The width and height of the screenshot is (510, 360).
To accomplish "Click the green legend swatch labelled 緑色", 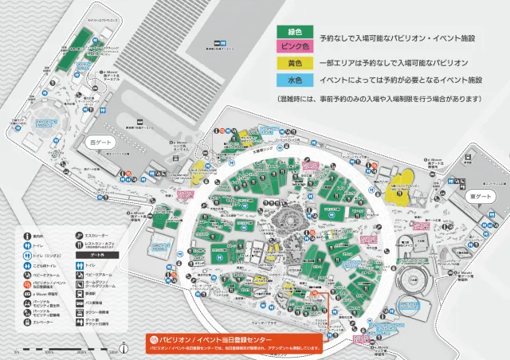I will click(x=295, y=31).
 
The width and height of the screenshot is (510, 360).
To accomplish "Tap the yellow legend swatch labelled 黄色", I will click(x=295, y=62).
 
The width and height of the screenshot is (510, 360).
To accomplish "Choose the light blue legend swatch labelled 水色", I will click(x=295, y=80).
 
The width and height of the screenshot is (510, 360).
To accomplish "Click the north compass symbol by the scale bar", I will click(x=125, y=347).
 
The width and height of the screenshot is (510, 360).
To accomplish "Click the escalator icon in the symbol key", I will click(x=79, y=236).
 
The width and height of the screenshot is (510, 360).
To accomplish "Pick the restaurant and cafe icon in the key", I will click(x=79, y=245).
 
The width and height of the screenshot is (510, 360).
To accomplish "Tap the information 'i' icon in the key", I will click(x=26, y=236).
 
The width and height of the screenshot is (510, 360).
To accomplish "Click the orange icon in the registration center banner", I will click(x=155, y=338).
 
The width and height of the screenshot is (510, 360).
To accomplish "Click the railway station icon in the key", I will click(x=79, y=294).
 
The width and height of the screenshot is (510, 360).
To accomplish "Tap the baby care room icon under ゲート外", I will click(x=79, y=274).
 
